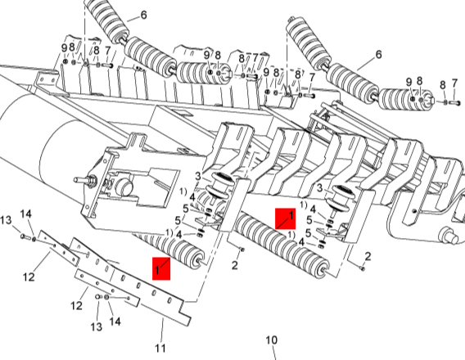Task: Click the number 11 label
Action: pyautogui.click(x=160, y=348)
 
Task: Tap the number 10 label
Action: pyautogui.click(x=271, y=340)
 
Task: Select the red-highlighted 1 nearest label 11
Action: pyautogui.click(x=161, y=268)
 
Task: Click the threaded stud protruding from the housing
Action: pyautogui.click(x=85, y=179)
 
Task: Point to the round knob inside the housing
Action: pyautogui.click(x=123, y=187)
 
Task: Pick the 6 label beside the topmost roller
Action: pyautogui.click(x=144, y=15)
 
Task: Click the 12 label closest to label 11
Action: pyautogui.click(x=76, y=305)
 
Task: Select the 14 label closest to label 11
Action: pyautogui.click(x=115, y=322)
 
